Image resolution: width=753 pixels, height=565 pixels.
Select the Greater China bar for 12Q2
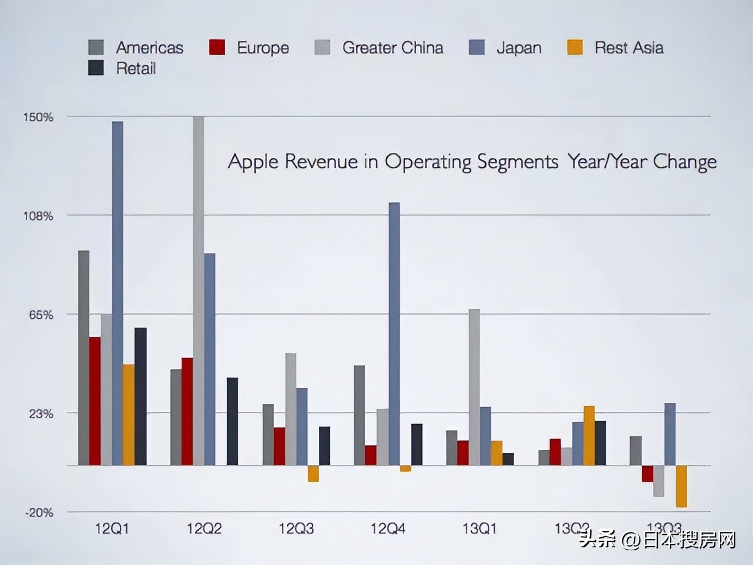pyautogui.click(x=198, y=291)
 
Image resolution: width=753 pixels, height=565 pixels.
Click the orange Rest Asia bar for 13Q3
pyautogui.click(x=681, y=486)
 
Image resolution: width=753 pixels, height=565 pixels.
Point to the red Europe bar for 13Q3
pyautogui.click(x=647, y=474)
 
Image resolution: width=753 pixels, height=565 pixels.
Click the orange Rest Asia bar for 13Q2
pyautogui.click(x=589, y=435)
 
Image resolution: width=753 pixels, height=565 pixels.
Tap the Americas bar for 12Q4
pyautogui.click(x=359, y=415)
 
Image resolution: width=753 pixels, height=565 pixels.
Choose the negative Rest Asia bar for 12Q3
pyautogui.click(x=313, y=474)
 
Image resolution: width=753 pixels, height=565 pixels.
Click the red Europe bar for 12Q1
pyautogui.click(x=95, y=401)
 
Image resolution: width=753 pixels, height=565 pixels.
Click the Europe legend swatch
pyautogui.click(x=217, y=47)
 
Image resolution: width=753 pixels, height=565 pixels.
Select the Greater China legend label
pyautogui.click(x=392, y=48)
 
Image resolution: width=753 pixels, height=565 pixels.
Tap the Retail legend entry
pyautogui.click(x=135, y=69)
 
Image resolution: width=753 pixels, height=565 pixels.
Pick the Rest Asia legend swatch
pyautogui.click(x=575, y=47)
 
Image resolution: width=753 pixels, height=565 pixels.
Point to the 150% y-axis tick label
pyautogui.click(x=38, y=117)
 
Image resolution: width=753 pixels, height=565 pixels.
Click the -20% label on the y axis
pyautogui.click(x=39, y=512)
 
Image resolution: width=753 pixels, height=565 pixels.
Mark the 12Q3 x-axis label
pyautogui.click(x=296, y=529)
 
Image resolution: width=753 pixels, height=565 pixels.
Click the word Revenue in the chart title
pyautogui.click(x=321, y=162)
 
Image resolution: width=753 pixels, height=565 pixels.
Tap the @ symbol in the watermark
pyautogui.click(x=631, y=540)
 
